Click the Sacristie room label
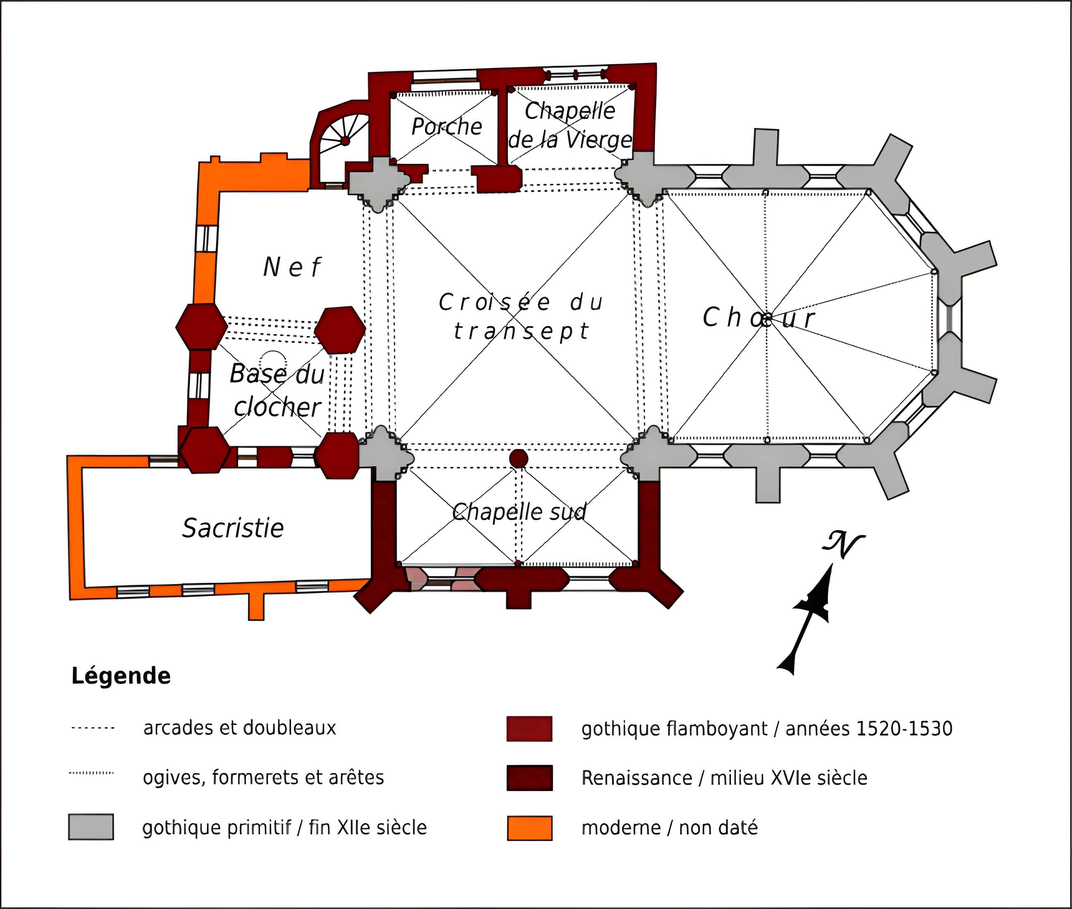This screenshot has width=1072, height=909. coord(233,528)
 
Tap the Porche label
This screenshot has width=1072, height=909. coord(446,127)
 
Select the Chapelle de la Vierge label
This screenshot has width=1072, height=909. coord(570,125)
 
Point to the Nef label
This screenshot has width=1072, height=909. coord(292,267)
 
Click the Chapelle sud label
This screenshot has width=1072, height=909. coord(519,512)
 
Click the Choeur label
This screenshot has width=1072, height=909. coord(759,317)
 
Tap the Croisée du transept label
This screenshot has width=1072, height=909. coord(521,316)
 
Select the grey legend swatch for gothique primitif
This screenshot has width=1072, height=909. coord(91,827)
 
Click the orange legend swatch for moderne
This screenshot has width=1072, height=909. coord(529,828)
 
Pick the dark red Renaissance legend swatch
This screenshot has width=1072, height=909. coord(529,778)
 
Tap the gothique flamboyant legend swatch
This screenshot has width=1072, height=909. coord(529,729)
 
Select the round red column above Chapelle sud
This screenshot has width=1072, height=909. coord(519,458)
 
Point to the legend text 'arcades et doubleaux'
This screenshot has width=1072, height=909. coord(239,728)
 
